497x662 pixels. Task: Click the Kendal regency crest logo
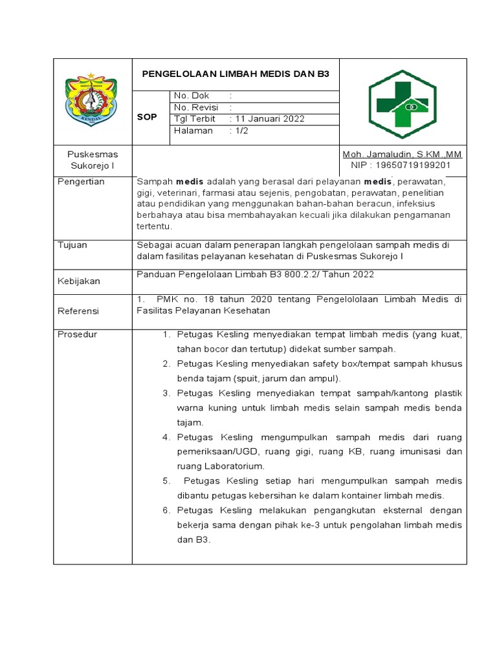(x=91, y=100)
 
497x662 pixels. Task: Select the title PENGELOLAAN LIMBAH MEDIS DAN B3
(x=236, y=74)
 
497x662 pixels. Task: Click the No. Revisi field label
(x=196, y=107)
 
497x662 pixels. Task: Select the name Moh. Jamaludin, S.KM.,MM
(x=402, y=155)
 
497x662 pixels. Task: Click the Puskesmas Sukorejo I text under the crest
(x=93, y=160)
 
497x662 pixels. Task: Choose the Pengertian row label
(x=82, y=182)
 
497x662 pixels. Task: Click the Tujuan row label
(x=72, y=245)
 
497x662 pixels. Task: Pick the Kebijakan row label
(x=79, y=282)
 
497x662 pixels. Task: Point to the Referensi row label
(x=79, y=311)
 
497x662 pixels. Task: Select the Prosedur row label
(x=78, y=334)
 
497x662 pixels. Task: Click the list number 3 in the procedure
(x=166, y=393)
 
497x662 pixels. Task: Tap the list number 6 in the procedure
(x=166, y=511)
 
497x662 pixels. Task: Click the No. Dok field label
(x=192, y=96)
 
